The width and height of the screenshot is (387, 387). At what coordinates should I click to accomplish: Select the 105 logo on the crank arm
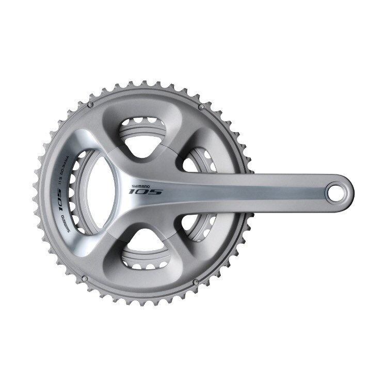click(x=146, y=191)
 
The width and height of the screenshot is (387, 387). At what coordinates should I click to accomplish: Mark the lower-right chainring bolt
click(x=195, y=282)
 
